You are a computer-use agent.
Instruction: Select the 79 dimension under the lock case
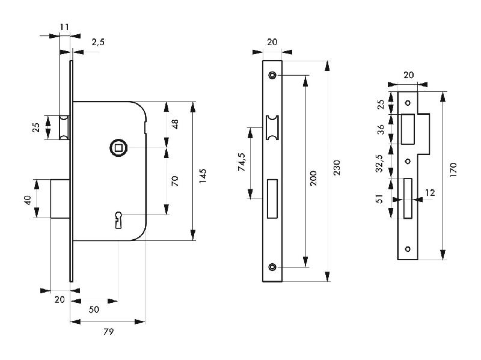click(108, 331)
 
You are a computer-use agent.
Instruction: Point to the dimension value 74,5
click(242, 163)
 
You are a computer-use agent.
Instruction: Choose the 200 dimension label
click(313, 178)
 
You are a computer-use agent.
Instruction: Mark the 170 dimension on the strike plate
click(453, 169)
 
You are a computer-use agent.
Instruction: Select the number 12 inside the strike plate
click(429, 193)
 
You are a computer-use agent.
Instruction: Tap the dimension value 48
click(175, 124)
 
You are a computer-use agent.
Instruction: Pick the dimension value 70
click(175, 180)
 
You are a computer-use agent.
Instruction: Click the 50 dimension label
click(94, 310)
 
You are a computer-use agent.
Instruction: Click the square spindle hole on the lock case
click(118, 147)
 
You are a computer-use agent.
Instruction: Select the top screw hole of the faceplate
click(272, 75)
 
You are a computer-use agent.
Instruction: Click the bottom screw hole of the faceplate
click(272, 267)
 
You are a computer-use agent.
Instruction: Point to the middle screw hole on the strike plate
click(408, 160)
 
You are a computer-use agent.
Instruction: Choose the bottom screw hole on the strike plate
click(408, 249)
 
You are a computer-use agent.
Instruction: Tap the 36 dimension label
click(379, 129)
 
